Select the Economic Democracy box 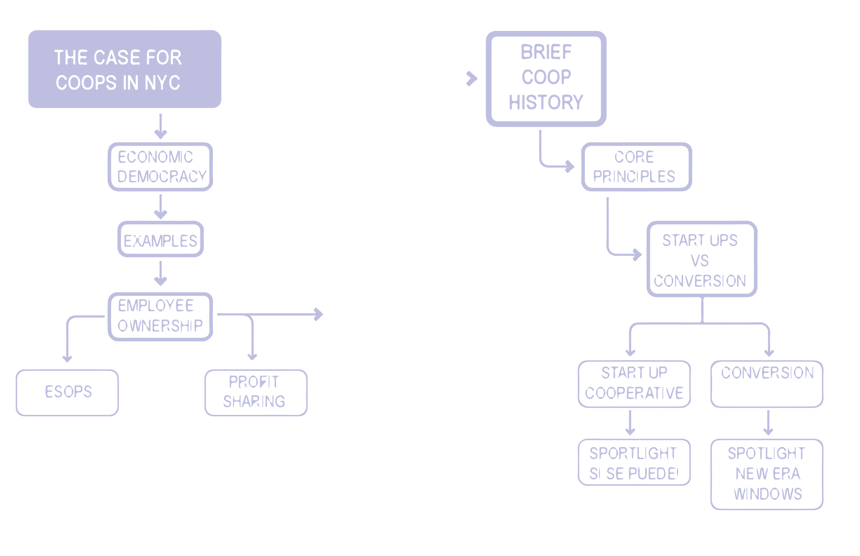(x=161, y=167)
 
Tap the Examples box (x=161, y=239)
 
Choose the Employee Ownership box (x=161, y=316)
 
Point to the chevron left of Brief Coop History (x=472, y=78)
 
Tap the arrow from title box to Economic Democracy (x=161, y=127)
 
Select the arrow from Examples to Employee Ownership (x=161, y=274)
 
